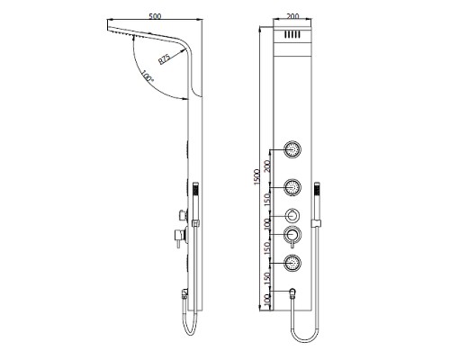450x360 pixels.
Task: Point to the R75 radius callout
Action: pyautogui.click(x=164, y=60)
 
